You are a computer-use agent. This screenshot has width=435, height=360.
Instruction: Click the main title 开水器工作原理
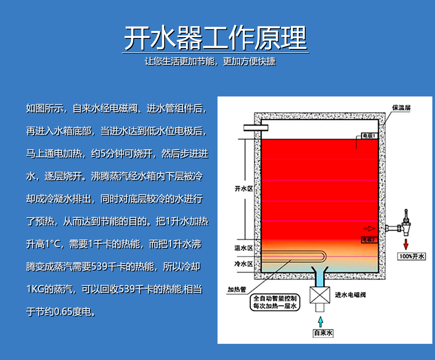point(216,38)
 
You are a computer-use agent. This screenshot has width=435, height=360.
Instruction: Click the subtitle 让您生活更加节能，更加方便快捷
point(210,61)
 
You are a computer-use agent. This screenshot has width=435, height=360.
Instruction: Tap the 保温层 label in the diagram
point(401,107)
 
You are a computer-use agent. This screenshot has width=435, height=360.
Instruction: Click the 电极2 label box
point(369,240)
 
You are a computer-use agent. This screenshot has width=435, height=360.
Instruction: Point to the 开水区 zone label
point(244,189)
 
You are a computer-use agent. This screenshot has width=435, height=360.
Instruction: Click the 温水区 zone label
point(244,248)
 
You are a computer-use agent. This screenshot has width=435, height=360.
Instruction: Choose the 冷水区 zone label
point(244,264)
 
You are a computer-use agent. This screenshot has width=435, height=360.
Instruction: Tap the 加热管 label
point(237,290)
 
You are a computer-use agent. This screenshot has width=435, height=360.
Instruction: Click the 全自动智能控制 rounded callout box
point(275,302)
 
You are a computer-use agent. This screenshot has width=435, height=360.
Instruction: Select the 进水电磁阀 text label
point(350,295)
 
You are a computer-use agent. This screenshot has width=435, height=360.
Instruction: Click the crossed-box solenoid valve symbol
point(320,295)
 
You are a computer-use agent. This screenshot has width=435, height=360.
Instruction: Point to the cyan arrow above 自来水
point(321,322)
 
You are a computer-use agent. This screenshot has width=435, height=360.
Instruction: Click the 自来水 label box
point(323,333)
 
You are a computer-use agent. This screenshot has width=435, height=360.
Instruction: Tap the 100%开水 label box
point(412,256)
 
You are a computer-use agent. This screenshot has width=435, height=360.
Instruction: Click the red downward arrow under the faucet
point(406,244)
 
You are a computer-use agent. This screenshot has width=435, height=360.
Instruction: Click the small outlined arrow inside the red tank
point(369,228)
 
